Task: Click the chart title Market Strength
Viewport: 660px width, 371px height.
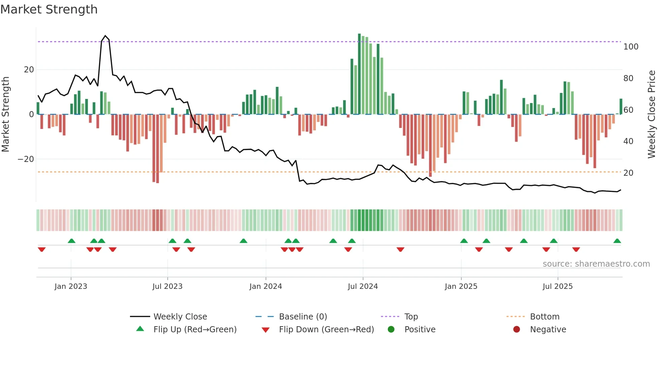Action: (49, 9)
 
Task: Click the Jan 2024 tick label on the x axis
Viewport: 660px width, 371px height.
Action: (265, 286)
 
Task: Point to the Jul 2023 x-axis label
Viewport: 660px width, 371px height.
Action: (167, 286)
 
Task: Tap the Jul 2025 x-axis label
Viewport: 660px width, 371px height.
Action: (557, 286)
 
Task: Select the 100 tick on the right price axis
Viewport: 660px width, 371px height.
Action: (630, 47)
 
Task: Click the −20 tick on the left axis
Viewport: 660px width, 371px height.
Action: (26, 159)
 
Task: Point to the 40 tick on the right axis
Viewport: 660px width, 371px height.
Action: (628, 141)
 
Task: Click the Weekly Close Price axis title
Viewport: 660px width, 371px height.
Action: (651, 114)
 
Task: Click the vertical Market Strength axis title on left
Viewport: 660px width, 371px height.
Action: (6, 114)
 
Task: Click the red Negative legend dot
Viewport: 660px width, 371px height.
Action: (516, 330)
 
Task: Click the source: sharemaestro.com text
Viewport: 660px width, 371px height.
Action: (596, 264)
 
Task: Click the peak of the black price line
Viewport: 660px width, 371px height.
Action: (105, 36)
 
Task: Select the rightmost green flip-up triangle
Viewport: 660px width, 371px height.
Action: (617, 241)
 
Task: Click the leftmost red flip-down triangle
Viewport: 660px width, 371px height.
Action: (42, 249)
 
